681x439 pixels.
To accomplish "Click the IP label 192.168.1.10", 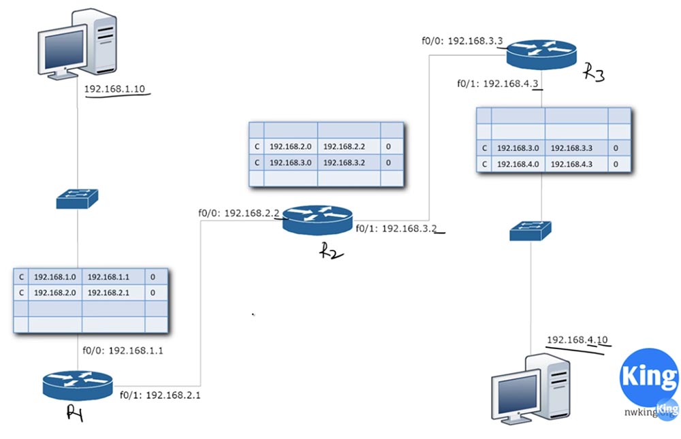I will (x=115, y=88).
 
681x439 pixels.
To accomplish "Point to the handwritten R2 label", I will (x=332, y=251).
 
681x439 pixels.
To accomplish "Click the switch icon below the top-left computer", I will (x=77, y=198).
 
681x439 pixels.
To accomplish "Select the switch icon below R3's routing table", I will (x=531, y=231).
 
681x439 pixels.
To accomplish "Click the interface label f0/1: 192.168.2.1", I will (x=160, y=395).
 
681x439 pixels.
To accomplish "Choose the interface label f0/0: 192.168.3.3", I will (x=462, y=41).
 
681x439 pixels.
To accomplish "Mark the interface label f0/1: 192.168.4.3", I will (x=500, y=84).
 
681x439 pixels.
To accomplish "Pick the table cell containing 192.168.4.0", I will (x=518, y=164).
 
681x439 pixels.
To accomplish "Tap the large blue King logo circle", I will (x=648, y=376).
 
